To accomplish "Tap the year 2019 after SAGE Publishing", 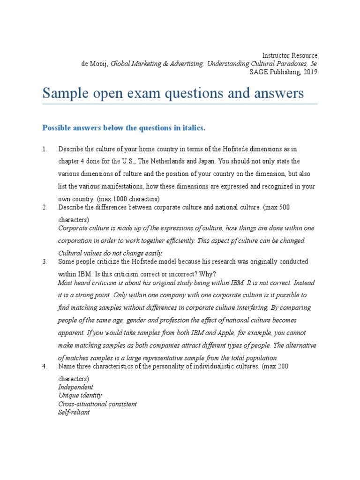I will [310, 72].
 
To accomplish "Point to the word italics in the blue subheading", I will [191, 128].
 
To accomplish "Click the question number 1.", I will [45, 149].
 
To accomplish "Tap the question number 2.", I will [45, 207].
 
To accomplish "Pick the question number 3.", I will [45, 261].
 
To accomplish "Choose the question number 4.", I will [45, 366].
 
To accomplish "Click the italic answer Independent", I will [75, 387].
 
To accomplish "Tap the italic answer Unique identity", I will [80, 396].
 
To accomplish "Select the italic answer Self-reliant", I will [74, 412].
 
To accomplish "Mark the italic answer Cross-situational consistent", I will [97, 404].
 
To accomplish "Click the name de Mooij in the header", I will [95, 64].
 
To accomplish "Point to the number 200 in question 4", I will [283, 366].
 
